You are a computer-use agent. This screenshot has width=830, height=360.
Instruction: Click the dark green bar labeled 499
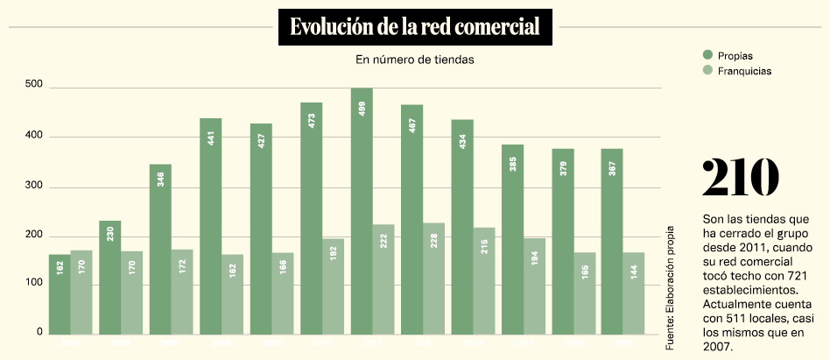[x=362, y=211]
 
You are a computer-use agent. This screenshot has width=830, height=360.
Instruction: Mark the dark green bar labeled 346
[x=160, y=249]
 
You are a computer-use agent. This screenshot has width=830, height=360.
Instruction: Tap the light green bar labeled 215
[x=484, y=281]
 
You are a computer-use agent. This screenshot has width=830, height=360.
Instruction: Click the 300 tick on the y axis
[x=34, y=186]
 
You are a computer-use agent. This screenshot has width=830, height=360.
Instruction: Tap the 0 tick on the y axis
[x=39, y=332]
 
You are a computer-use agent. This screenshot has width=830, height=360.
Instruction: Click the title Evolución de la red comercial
[x=414, y=27]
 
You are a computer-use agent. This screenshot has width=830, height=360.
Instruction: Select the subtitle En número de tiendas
[x=414, y=60]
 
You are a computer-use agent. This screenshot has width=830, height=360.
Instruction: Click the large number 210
[x=740, y=178]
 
